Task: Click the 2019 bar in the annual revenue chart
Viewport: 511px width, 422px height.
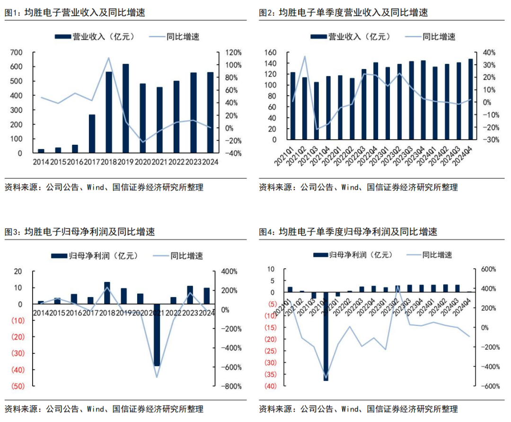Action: click(x=125, y=108)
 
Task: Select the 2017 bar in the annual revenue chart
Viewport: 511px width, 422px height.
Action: click(x=92, y=134)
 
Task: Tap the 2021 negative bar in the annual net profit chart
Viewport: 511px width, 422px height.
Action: click(x=157, y=335)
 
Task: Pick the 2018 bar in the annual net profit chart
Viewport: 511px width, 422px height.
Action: click(x=107, y=293)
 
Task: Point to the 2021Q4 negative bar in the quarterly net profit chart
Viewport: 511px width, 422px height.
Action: click(x=326, y=336)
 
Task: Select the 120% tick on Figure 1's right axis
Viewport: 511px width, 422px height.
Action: click(x=233, y=52)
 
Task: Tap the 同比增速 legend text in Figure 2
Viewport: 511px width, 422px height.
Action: click(x=439, y=36)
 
